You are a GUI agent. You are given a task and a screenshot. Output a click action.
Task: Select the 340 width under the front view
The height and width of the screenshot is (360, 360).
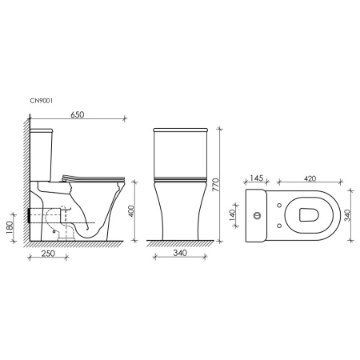182,254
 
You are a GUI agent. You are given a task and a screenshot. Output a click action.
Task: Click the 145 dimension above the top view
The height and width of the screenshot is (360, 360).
258,179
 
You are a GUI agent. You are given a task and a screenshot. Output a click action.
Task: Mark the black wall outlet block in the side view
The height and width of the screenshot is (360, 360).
33,215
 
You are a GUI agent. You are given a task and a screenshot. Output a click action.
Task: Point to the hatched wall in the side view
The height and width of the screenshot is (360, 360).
26,184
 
